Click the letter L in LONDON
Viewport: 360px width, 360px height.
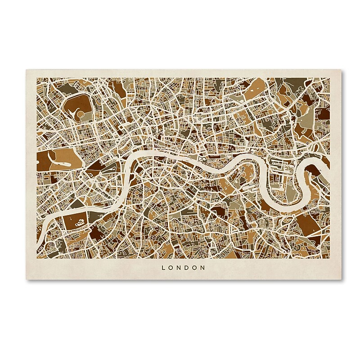pos(163,267)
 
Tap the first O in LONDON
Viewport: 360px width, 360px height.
pos(171,267)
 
